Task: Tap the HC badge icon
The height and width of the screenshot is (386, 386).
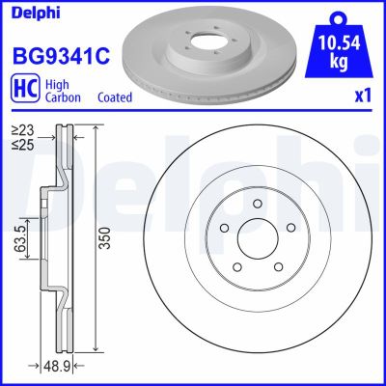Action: (x=23, y=92)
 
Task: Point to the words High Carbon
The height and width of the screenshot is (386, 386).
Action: (x=60, y=92)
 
